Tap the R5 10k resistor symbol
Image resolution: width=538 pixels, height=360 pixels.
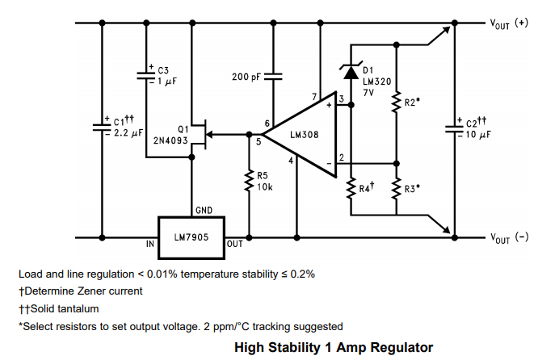pyautogui.click(x=249, y=184)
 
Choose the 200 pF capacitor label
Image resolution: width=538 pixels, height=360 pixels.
pyautogui.click(x=246, y=77)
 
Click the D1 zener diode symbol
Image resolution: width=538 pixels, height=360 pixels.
pyautogui.click(x=351, y=72)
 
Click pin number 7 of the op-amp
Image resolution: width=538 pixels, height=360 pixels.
pyautogui.click(x=314, y=98)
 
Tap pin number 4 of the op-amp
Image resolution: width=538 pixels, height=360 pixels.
pyautogui.click(x=291, y=160)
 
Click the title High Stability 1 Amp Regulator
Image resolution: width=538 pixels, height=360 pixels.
pyautogui.click(x=327, y=347)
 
